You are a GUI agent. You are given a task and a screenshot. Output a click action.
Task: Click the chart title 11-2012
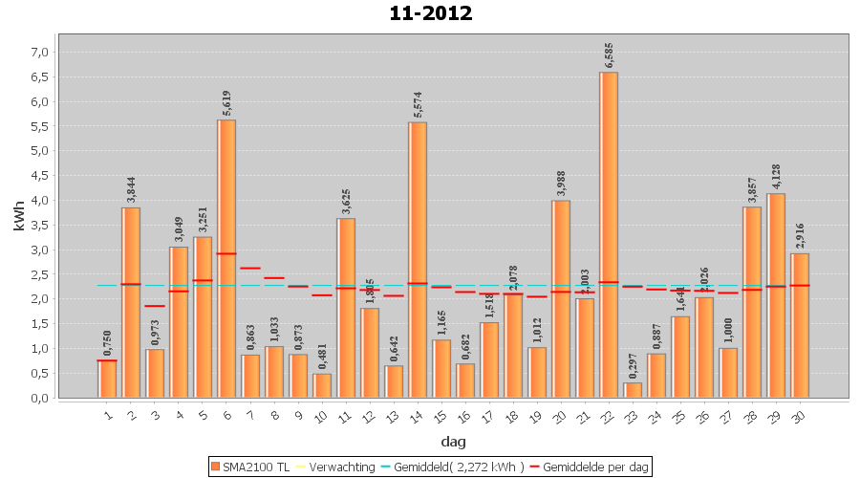430,13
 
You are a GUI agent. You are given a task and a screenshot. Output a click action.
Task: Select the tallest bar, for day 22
609,234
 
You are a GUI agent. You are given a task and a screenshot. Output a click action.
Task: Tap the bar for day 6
226,258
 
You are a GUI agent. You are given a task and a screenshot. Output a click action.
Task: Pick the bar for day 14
418,259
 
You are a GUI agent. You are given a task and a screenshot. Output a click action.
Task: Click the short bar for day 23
633,390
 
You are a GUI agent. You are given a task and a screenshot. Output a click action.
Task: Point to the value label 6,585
609,54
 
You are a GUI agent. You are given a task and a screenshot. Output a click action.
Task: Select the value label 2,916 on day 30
800,235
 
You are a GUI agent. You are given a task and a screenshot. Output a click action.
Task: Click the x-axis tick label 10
322,414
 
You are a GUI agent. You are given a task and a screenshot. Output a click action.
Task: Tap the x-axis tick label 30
800,414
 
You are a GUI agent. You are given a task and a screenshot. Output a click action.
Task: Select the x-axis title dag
453,441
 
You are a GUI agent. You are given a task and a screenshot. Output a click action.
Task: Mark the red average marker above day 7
250,269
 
